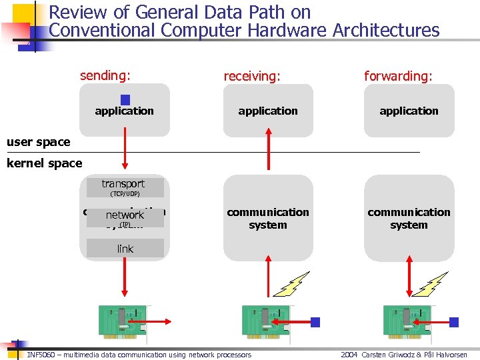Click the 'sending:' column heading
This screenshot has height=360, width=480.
[x=105, y=75]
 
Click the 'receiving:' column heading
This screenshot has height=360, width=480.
[x=251, y=76]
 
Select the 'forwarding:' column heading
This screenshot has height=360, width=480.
[x=398, y=76]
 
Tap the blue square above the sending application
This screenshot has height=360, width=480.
[x=125, y=99]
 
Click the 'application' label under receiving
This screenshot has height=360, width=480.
[x=268, y=111]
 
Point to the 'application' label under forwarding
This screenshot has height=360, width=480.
[x=409, y=111]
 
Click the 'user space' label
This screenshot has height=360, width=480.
[x=38, y=141]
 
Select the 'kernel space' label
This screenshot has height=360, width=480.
[x=44, y=163]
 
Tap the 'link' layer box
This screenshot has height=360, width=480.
[x=125, y=249]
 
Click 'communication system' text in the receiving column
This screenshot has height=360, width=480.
[x=268, y=218]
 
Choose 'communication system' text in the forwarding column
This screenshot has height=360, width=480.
[x=409, y=218]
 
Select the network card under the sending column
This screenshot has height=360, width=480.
[x=123, y=322]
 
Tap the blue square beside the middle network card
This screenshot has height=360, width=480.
[x=315, y=322]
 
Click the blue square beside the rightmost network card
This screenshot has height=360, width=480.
[x=454, y=322]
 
